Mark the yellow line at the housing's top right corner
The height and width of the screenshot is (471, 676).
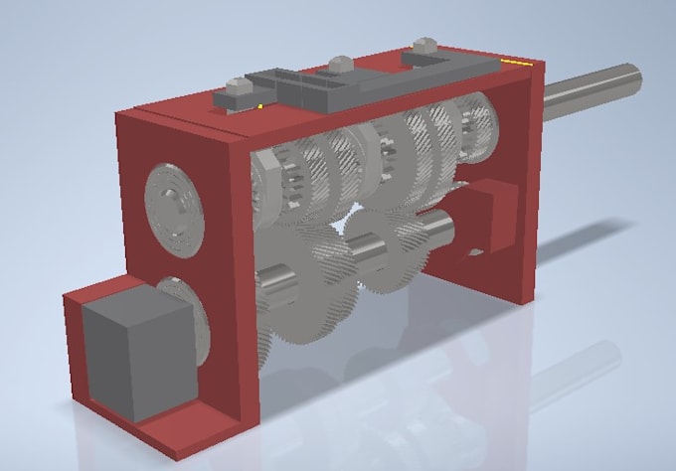(516, 62)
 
